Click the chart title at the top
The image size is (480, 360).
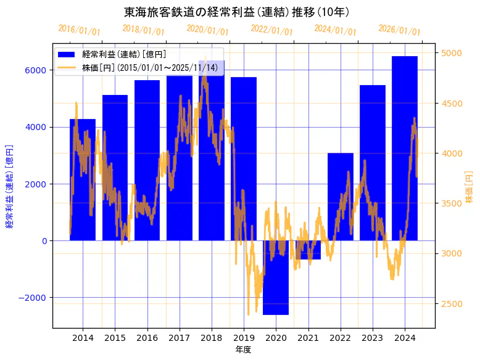[238, 12]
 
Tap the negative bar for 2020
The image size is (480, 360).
[276, 277]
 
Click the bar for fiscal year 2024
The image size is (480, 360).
[405, 148]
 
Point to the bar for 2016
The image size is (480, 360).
[147, 160]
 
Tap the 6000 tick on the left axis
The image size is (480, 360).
[35, 70]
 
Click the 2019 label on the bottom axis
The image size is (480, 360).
[244, 338]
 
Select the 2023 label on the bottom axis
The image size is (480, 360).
[372, 338]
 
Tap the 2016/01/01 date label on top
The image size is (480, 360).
[80, 30]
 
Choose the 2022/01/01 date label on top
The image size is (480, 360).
[272, 30]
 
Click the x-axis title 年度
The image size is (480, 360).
[243, 350]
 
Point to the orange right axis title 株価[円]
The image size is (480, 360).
[470, 188]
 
